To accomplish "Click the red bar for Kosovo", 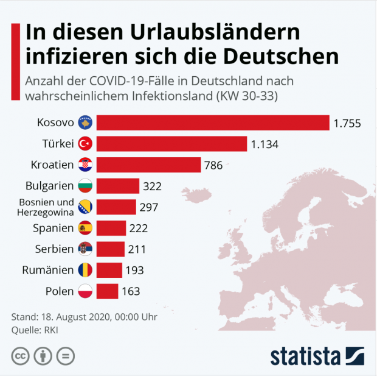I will coord(213,122).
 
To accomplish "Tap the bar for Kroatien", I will coord(148,165).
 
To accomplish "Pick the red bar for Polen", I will coord(107,291).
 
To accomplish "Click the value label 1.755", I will coord(347,123).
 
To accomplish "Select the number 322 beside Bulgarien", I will coord(152,186).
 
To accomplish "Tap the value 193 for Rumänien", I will coord(135,270).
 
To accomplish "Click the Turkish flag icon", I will coord(85,144).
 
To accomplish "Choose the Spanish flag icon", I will coord(85,228).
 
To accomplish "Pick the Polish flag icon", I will coord(85,291).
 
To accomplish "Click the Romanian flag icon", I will coord(85,270).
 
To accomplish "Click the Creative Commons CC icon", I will coord(21,355).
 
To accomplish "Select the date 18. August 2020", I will coord(81,317).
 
